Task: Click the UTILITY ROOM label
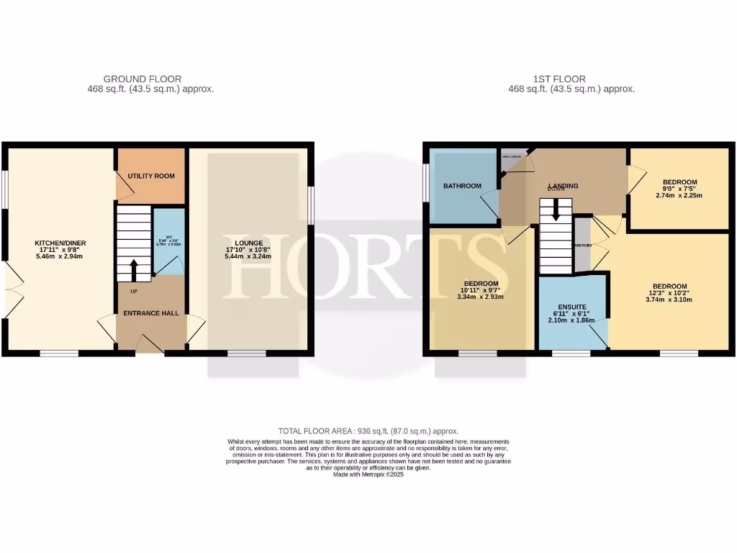(151, 176)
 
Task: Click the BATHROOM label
(462, 186)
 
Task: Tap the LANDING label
(563, 186)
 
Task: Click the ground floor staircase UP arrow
(134, 271)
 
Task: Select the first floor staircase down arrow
(555, 210)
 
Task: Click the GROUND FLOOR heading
(143, 79)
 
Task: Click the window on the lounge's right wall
(311, 206)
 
